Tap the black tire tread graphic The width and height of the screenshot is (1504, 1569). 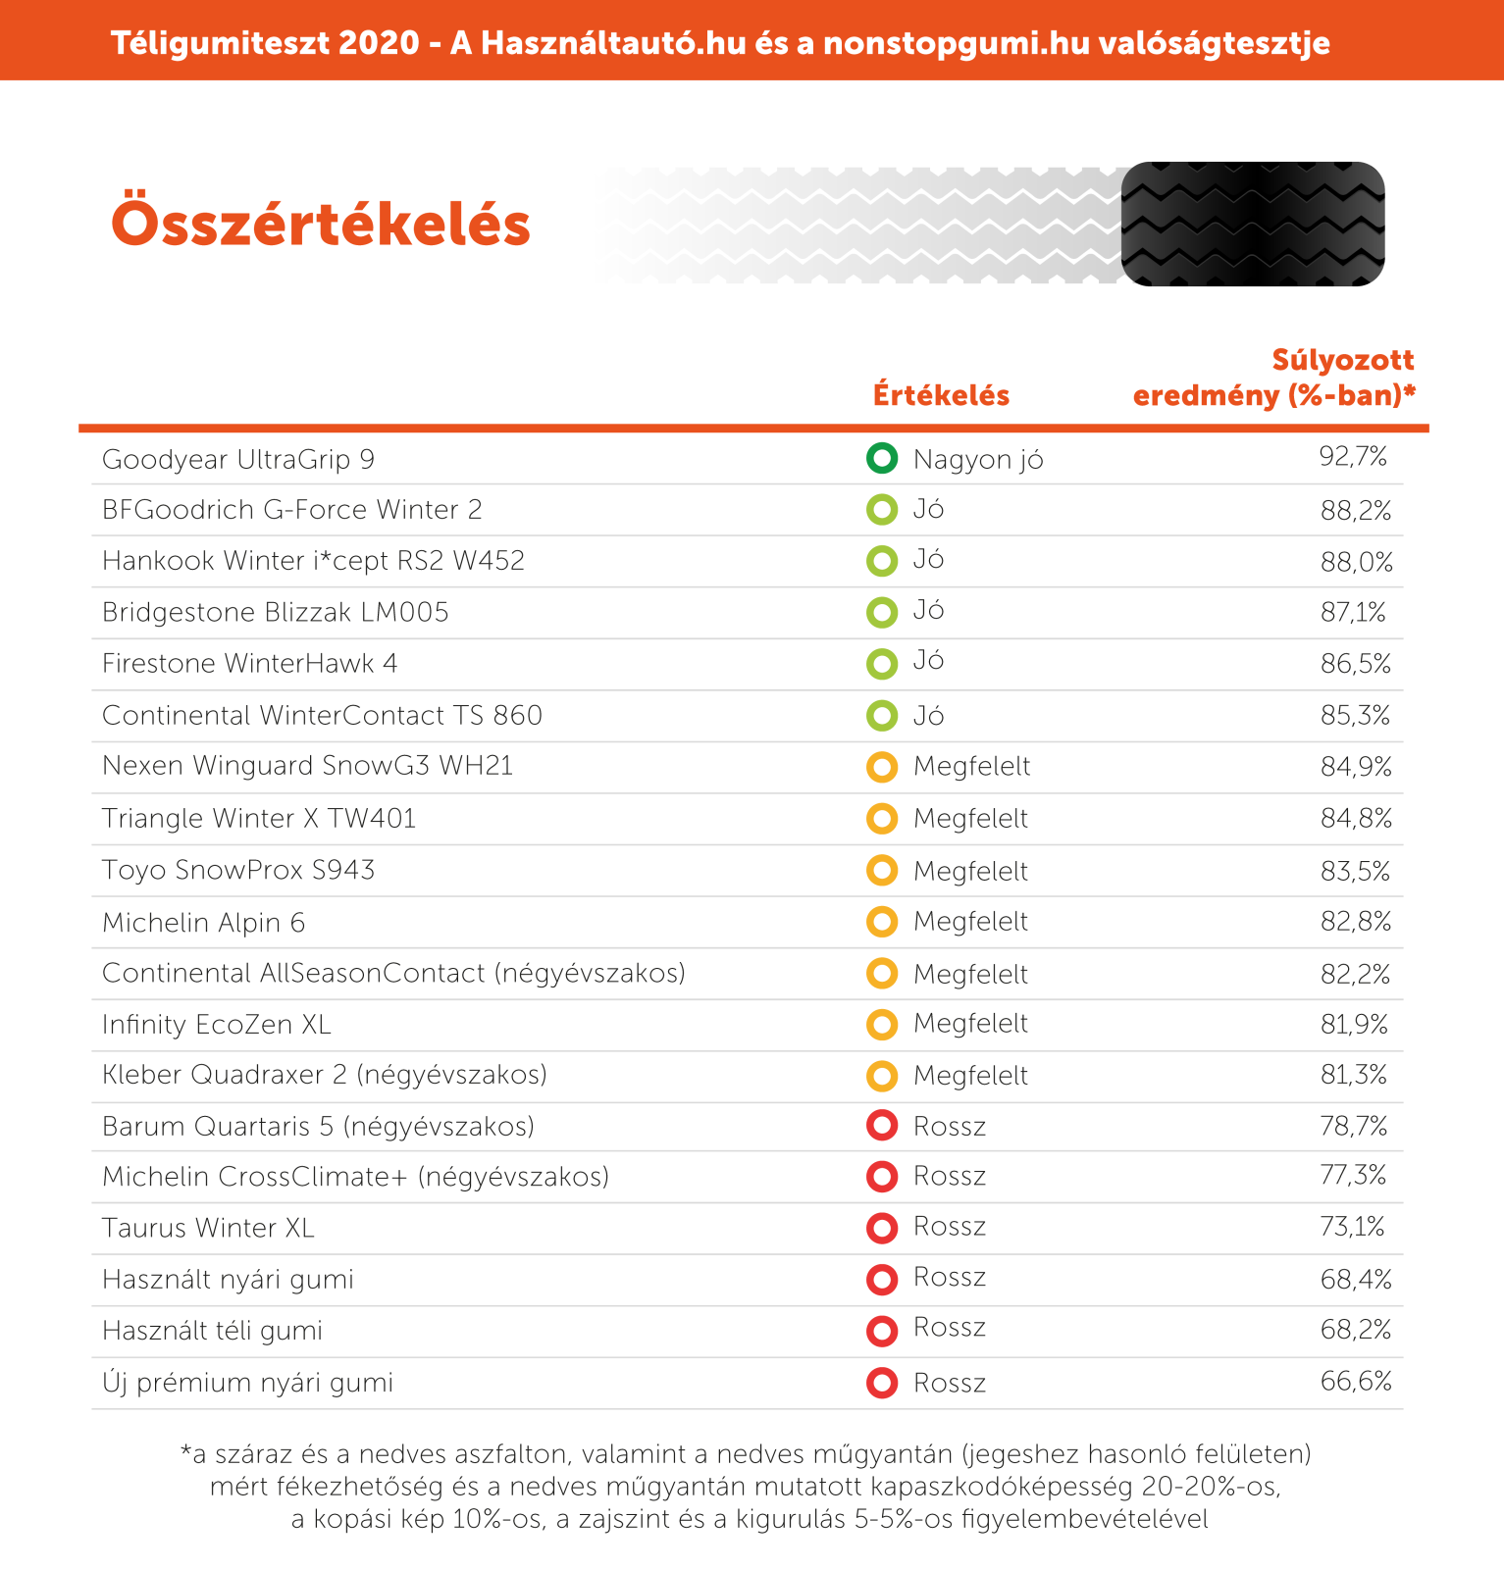(1253, 224)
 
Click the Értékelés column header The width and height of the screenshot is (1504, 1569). (942, 395)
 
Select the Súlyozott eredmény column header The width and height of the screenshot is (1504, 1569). (1274, 378)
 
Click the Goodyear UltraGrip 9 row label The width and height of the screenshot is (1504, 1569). (238, 460)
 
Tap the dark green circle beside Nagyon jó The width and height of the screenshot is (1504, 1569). (882, 458)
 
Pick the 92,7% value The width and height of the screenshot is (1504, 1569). (1353, 456)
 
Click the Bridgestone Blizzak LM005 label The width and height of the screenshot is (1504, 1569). (276, 612)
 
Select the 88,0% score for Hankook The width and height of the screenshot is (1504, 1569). (1356, 562)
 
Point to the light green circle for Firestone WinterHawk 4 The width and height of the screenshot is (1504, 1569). (882, 664)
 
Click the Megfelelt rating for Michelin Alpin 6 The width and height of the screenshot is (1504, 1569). (970, 922)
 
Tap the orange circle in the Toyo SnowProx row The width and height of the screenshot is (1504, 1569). (882, 870)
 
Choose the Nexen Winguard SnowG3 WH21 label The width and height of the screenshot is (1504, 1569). (308, 765)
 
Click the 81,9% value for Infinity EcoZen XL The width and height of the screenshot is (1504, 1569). (1355, 1025)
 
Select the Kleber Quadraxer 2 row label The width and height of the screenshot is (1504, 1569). (325, 1075)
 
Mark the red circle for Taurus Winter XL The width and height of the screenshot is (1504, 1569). (882, 1227)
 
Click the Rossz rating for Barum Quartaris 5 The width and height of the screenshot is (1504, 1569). (949, 1126)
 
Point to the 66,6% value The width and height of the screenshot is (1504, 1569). (1356, 1382)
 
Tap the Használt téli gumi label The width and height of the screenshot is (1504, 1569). (212, 1331)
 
